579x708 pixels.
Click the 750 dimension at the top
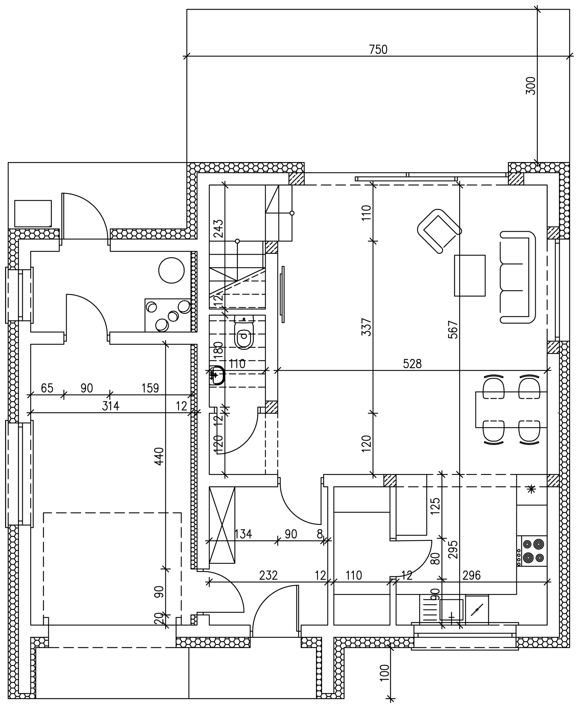tap(378, 50)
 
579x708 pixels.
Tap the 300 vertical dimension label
tap(531, 86)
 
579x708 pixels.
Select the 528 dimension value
tap(413, 364)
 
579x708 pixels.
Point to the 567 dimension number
tap(453, 330)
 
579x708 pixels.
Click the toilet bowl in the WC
tap(244, 335)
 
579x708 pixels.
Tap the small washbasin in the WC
tap(216, 375)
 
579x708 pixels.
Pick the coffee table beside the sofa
tap(470, 275)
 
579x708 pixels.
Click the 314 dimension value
tap(110, 406)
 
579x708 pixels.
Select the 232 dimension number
tap(269, 575)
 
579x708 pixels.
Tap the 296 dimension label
tap(471, 575)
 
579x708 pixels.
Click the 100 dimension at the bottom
tap(385, 673)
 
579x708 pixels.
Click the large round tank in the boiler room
tap(172, 270)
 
